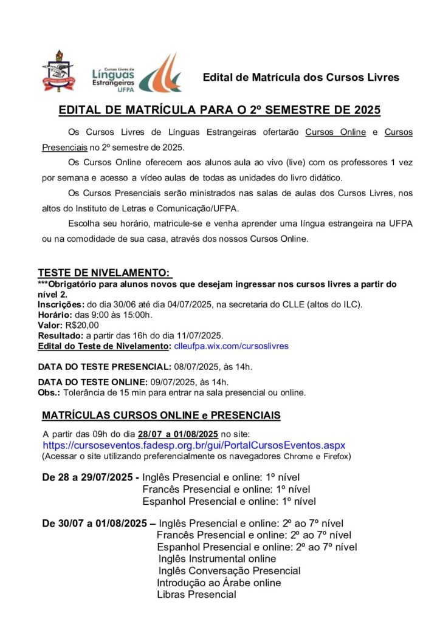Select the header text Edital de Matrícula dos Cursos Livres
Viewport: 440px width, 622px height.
[301, 77]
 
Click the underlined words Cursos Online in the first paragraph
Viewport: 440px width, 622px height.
[335, 132]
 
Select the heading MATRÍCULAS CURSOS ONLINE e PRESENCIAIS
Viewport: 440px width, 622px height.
[161, 415]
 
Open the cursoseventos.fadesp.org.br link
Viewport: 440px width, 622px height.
[194, 445]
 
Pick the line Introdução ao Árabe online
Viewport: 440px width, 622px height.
[219, 583]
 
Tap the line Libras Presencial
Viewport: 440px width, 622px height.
[196, 594]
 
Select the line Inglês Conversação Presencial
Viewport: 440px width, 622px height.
[229, 570]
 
